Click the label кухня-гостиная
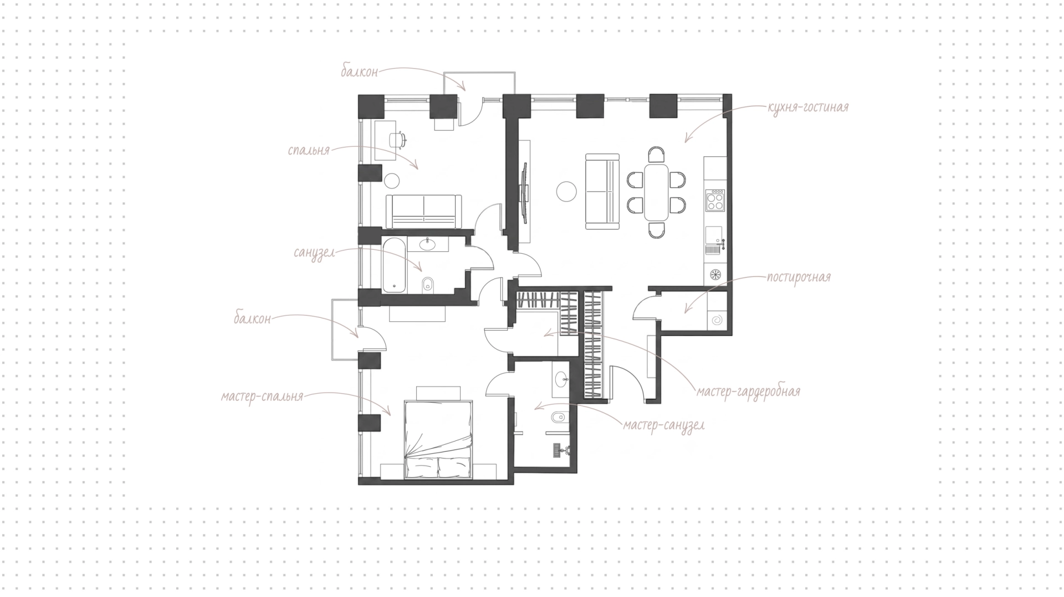pyautogui.click(x=808, y=107)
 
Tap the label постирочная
pyautogui.click(x=799, y=277)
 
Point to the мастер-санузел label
pyautogui.click(x=664, y=425)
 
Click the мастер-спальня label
pyautogui.click(x=262, y=397)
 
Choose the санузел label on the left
pyautogui.click(x=314, y=253)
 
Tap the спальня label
pyautogui.click(x=309, y=150)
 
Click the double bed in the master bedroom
pyautogui.click(x=439, y=440)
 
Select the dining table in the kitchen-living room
pyautogui.click(x=656, y=192)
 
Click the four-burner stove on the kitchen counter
pyautogui.click(x=714, y=200)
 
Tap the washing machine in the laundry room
pyautogui.click(x=715, y=320)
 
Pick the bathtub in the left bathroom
pyautogui.click(x=395, y=265)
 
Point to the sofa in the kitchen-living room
pyautogui.click(x=602, y=191)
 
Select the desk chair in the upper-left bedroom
pyautogui.click(x=398, y=139)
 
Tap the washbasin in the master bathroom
pyautogui.click(x=562, y=379)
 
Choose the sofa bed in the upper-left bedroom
pyautogui.click(x=424, y=211)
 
